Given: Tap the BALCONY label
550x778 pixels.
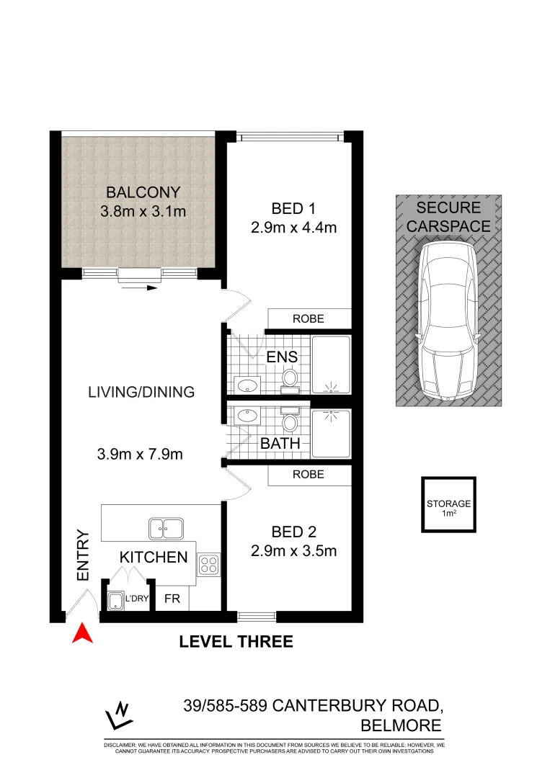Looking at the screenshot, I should click(x=143, y=192).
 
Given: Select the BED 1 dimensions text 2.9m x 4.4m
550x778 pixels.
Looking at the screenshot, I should click(x=294, y=228).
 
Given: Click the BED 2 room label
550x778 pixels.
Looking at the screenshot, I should click(x=294, y=532).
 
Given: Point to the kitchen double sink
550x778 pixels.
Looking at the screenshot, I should click(x=166, y=529).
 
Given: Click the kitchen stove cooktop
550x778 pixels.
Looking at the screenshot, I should click(x=208, y=565).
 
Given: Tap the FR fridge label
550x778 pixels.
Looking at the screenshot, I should click(x=172, y=599).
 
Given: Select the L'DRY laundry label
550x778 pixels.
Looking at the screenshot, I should click(x=136, y=599).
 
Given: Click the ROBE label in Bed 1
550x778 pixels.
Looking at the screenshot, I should click(x=308, y=318).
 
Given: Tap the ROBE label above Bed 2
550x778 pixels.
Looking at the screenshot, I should click(x=308, y=474).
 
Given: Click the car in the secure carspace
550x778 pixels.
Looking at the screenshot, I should click(x=447, y=321).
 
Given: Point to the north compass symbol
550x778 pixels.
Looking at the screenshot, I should click(x=119, y=715).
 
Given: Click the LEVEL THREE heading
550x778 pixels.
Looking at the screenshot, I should click(x=236, y=641).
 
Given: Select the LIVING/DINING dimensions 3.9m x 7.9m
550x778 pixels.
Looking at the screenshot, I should click(x=140, y=455).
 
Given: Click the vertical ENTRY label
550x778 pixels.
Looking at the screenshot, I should click(x=83, y=556).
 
